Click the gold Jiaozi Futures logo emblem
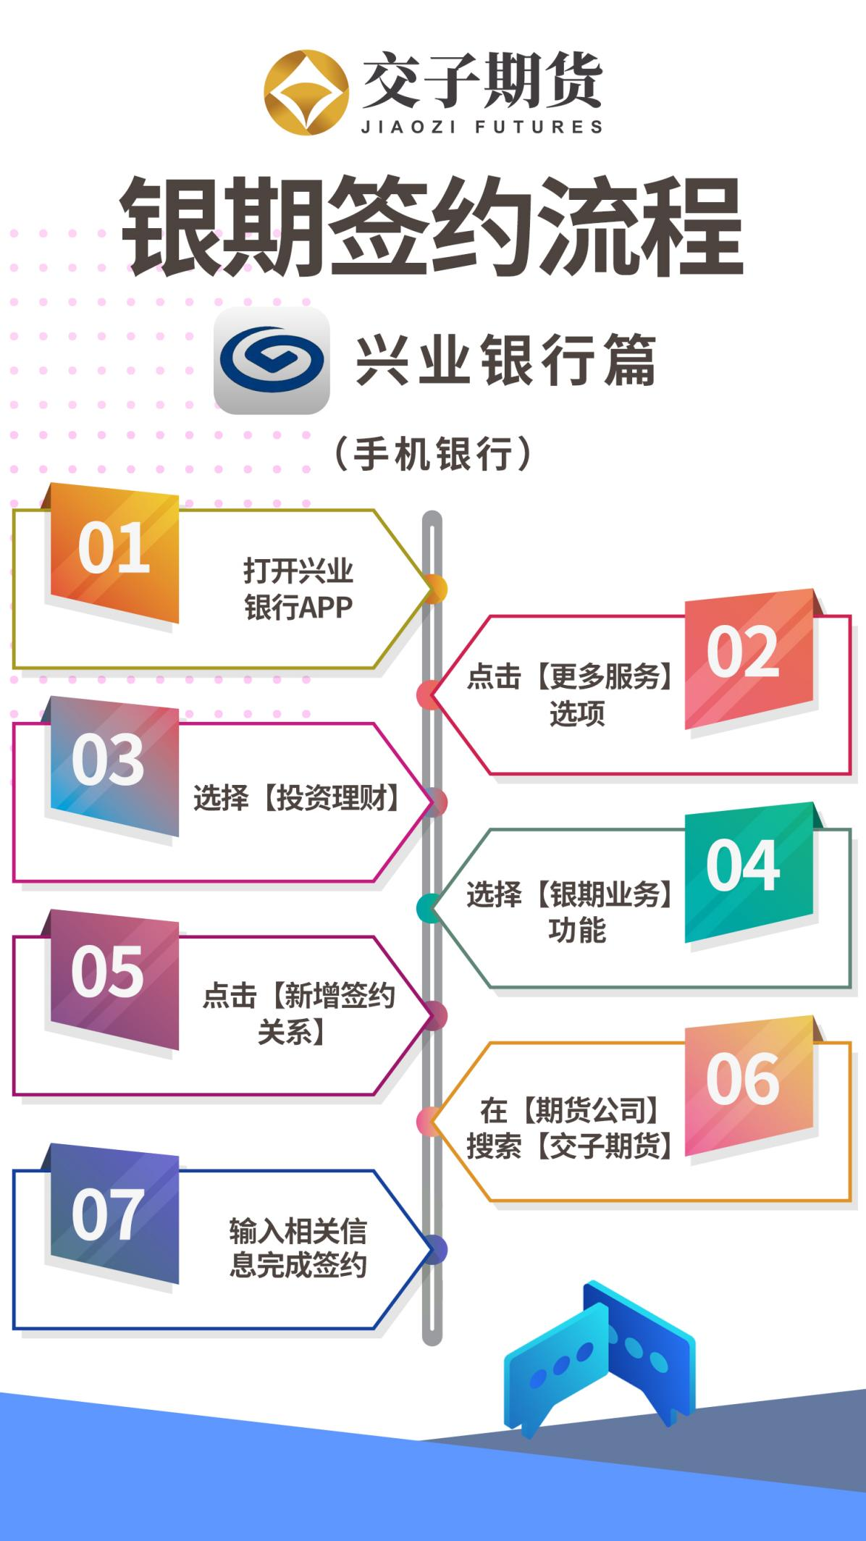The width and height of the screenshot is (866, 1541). tap(306, 92)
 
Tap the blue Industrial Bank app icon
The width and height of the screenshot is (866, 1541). tap(272, 361)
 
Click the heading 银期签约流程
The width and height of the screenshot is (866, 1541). tap(432, 227)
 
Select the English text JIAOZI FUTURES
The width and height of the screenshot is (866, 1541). tap(482, 127)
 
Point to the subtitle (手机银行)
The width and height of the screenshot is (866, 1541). tap(433, 454)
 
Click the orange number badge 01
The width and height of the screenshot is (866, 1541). tap(114, 553)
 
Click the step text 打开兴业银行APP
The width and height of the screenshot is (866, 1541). tap(298, 589)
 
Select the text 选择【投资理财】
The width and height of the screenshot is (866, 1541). tap(297, 798)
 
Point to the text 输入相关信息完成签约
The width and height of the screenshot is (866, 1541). tap(298, 1248)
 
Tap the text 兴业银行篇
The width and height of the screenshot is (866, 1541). tap(506, 360)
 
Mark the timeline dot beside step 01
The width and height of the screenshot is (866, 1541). tap(434, 589)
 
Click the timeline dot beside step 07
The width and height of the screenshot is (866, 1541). tap(434, 1250)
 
